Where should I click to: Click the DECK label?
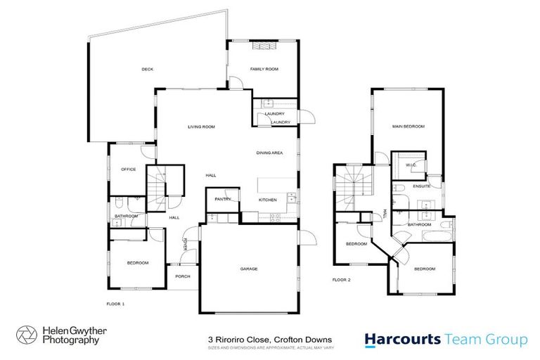tap(147, 69)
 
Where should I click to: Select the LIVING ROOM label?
tap(201, 127)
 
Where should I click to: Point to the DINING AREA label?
tap(269, 152)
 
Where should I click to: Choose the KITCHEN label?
tap(268, 200)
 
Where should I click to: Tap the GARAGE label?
tap(249, 269)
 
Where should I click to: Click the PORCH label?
tap(183, 276)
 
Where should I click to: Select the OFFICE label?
tap(128, 169)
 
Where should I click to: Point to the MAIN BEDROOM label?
tap(409, 127)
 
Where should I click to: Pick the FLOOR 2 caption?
tap(341, 279)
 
